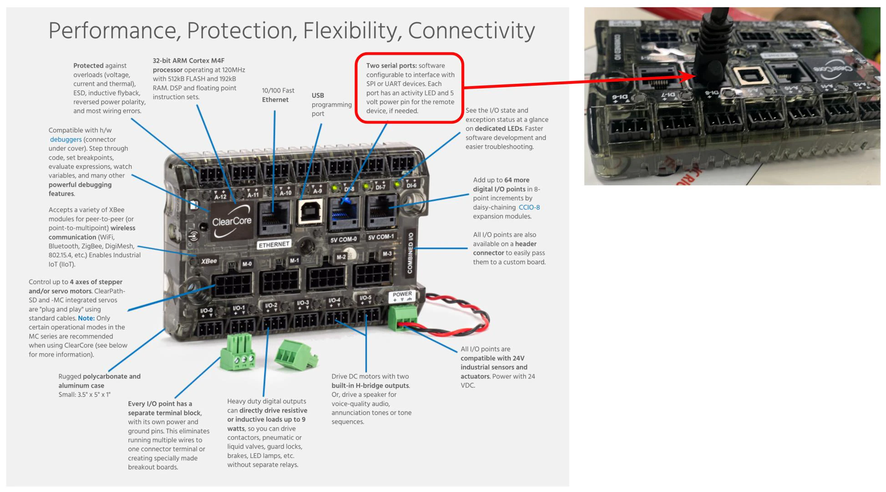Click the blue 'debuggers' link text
pos(66,139)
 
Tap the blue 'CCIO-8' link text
pos(529,207)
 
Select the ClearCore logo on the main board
pos(232,221)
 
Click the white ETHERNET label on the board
pos(274,245)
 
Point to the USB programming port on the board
pos(311,211)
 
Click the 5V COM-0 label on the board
pos(344,240)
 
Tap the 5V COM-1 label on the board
pos(381,237)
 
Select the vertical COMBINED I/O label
pos(410,253)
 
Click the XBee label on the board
pos(209,261)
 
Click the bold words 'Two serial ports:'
pos(391,66)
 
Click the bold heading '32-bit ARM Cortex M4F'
pos(188,61)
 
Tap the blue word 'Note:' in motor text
pos(86,318)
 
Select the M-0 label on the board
pos(247,264)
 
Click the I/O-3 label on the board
pos(303,303)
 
